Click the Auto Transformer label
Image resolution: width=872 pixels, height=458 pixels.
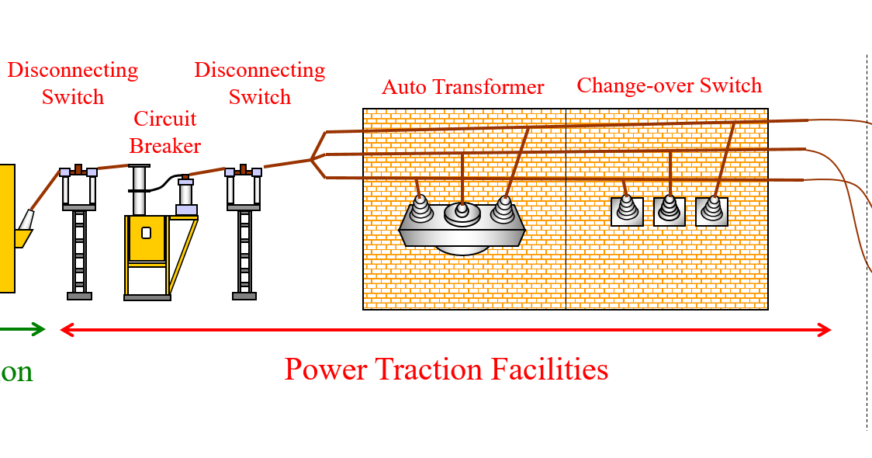(462, 87)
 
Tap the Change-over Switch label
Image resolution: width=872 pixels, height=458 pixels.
(669, 85)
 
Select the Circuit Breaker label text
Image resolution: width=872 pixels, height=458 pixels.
(164, 132)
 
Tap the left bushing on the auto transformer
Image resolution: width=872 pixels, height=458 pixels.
(420, 208)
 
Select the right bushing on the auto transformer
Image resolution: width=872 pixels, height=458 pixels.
(504, 208)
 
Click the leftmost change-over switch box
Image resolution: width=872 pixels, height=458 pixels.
(627, 211)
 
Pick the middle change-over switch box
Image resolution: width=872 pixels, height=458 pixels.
(669, 211)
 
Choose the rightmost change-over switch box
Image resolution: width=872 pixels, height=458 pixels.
(711, 211)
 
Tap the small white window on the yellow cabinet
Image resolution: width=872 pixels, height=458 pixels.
(146, 233)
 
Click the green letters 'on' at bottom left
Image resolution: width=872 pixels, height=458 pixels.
(16, 372)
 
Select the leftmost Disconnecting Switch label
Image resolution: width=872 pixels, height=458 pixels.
(72, 83)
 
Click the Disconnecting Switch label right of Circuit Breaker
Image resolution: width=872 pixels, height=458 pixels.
(259, 83)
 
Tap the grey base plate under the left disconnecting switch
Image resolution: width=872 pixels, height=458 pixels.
(79, 296)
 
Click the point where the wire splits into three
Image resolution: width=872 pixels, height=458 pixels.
(312, 159)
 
